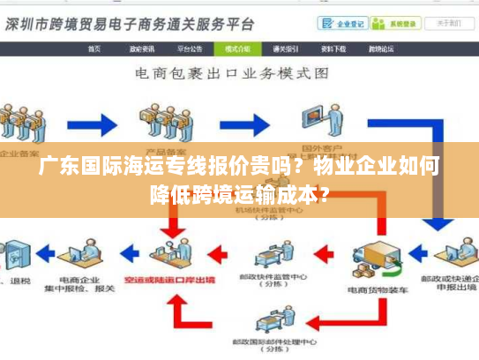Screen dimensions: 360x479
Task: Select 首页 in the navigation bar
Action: tap(94, 49)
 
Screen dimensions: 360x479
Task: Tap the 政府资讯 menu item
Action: tap(142, 49)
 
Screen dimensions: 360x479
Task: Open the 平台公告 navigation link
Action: tap(190, 49)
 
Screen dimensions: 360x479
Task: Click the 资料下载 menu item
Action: tap(333, 49)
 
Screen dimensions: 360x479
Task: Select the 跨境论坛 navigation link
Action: tap(380, 49)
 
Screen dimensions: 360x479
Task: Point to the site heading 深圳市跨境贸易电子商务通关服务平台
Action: tap(131, 23)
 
